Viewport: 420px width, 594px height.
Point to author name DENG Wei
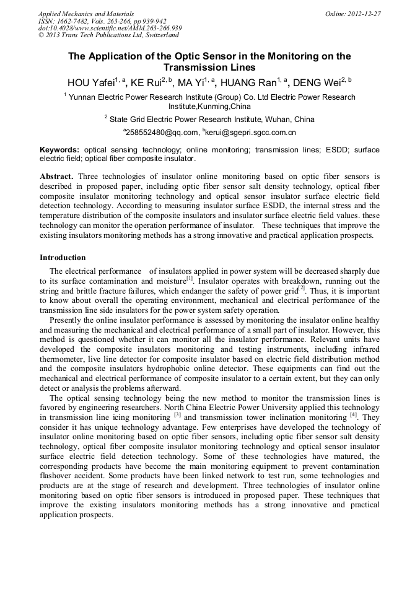point(317,83)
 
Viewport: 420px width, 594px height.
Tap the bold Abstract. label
point(57,177)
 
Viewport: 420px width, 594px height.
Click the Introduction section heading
point(63,258)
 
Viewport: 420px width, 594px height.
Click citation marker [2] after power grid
point(302,289)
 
